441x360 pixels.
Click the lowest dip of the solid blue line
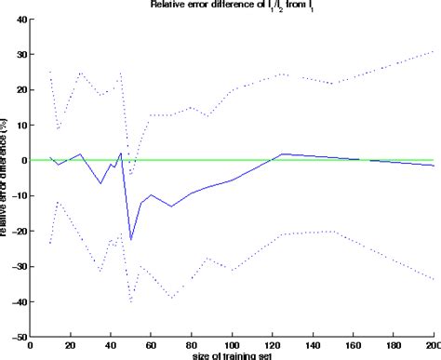[131, 240]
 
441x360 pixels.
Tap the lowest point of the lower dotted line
[131, 302]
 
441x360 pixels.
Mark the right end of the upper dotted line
[434, 51]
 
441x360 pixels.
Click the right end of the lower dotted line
[434, 280]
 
